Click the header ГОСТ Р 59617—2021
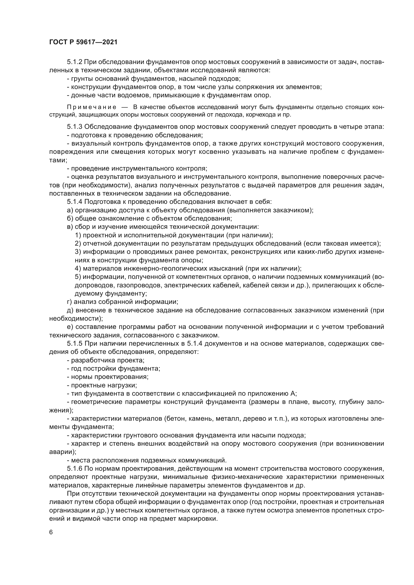point(83,42)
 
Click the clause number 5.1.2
point(74,62)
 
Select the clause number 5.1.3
point(74,127)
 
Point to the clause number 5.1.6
point(74,469)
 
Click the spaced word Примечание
point(92,107)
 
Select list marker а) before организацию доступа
point(70,210)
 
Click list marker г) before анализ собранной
point(69,302)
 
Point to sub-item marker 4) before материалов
point(78,269)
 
